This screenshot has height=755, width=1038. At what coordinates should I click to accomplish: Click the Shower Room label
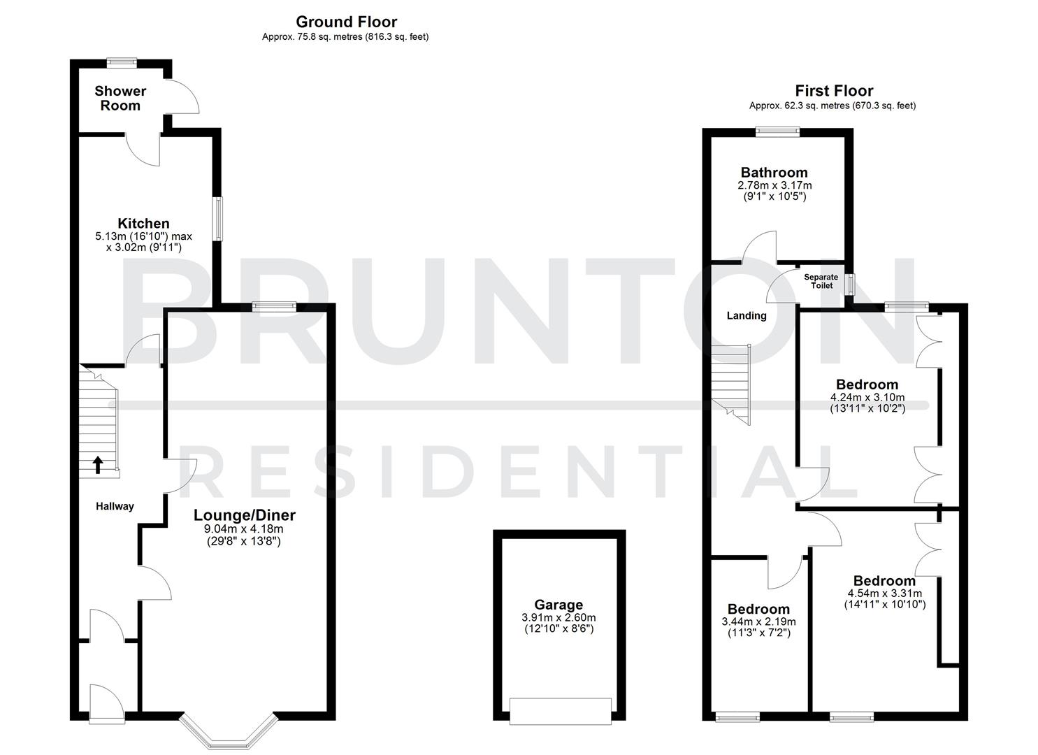point(120,98)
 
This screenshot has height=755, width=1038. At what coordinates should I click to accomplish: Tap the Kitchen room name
point(143,224)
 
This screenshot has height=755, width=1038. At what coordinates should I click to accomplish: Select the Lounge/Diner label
point(244,516)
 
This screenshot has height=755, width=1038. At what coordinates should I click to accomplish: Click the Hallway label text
point(115,506)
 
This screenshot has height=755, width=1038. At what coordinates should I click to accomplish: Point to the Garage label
point(558,605)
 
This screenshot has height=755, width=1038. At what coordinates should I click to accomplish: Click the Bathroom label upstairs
point(774,173)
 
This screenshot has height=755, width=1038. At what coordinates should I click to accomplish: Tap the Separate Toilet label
point(821,281)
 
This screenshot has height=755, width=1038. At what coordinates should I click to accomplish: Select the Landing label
point(747,316)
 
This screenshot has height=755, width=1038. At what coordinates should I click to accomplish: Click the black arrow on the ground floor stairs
point(97,464)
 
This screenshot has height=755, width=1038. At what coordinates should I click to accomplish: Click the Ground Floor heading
point(346,22)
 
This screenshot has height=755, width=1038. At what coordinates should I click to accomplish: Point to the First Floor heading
point(834,91)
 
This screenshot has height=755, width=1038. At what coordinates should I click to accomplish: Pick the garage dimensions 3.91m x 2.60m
point(558,618)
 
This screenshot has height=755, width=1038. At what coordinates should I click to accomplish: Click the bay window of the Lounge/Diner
point(229,734)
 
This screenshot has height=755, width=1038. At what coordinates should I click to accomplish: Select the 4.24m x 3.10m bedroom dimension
point(867,397)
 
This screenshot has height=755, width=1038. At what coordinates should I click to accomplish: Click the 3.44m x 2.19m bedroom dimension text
point(758,621)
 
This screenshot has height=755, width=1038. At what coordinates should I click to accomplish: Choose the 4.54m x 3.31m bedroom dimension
point(884,594)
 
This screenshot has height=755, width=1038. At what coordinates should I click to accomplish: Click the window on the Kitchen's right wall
point(219,220)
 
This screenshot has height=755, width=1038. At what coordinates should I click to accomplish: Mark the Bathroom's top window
point(777,129)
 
